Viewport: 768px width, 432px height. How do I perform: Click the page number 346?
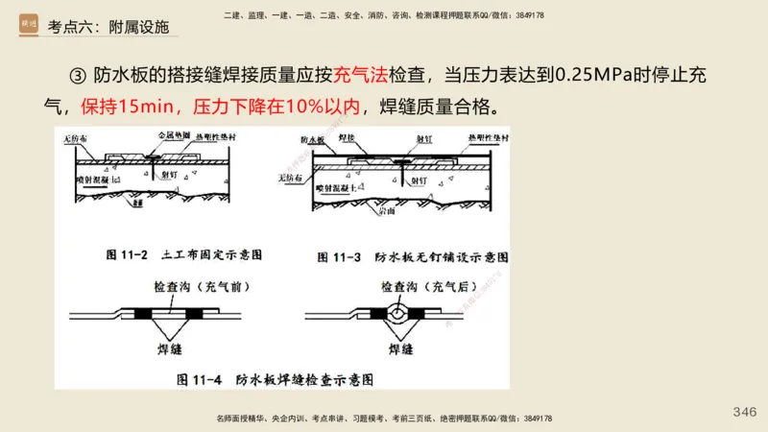744,412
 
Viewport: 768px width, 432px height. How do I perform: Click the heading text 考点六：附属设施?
108,27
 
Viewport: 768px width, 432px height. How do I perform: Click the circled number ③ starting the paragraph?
79,77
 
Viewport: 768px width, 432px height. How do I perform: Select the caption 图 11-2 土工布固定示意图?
183,255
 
